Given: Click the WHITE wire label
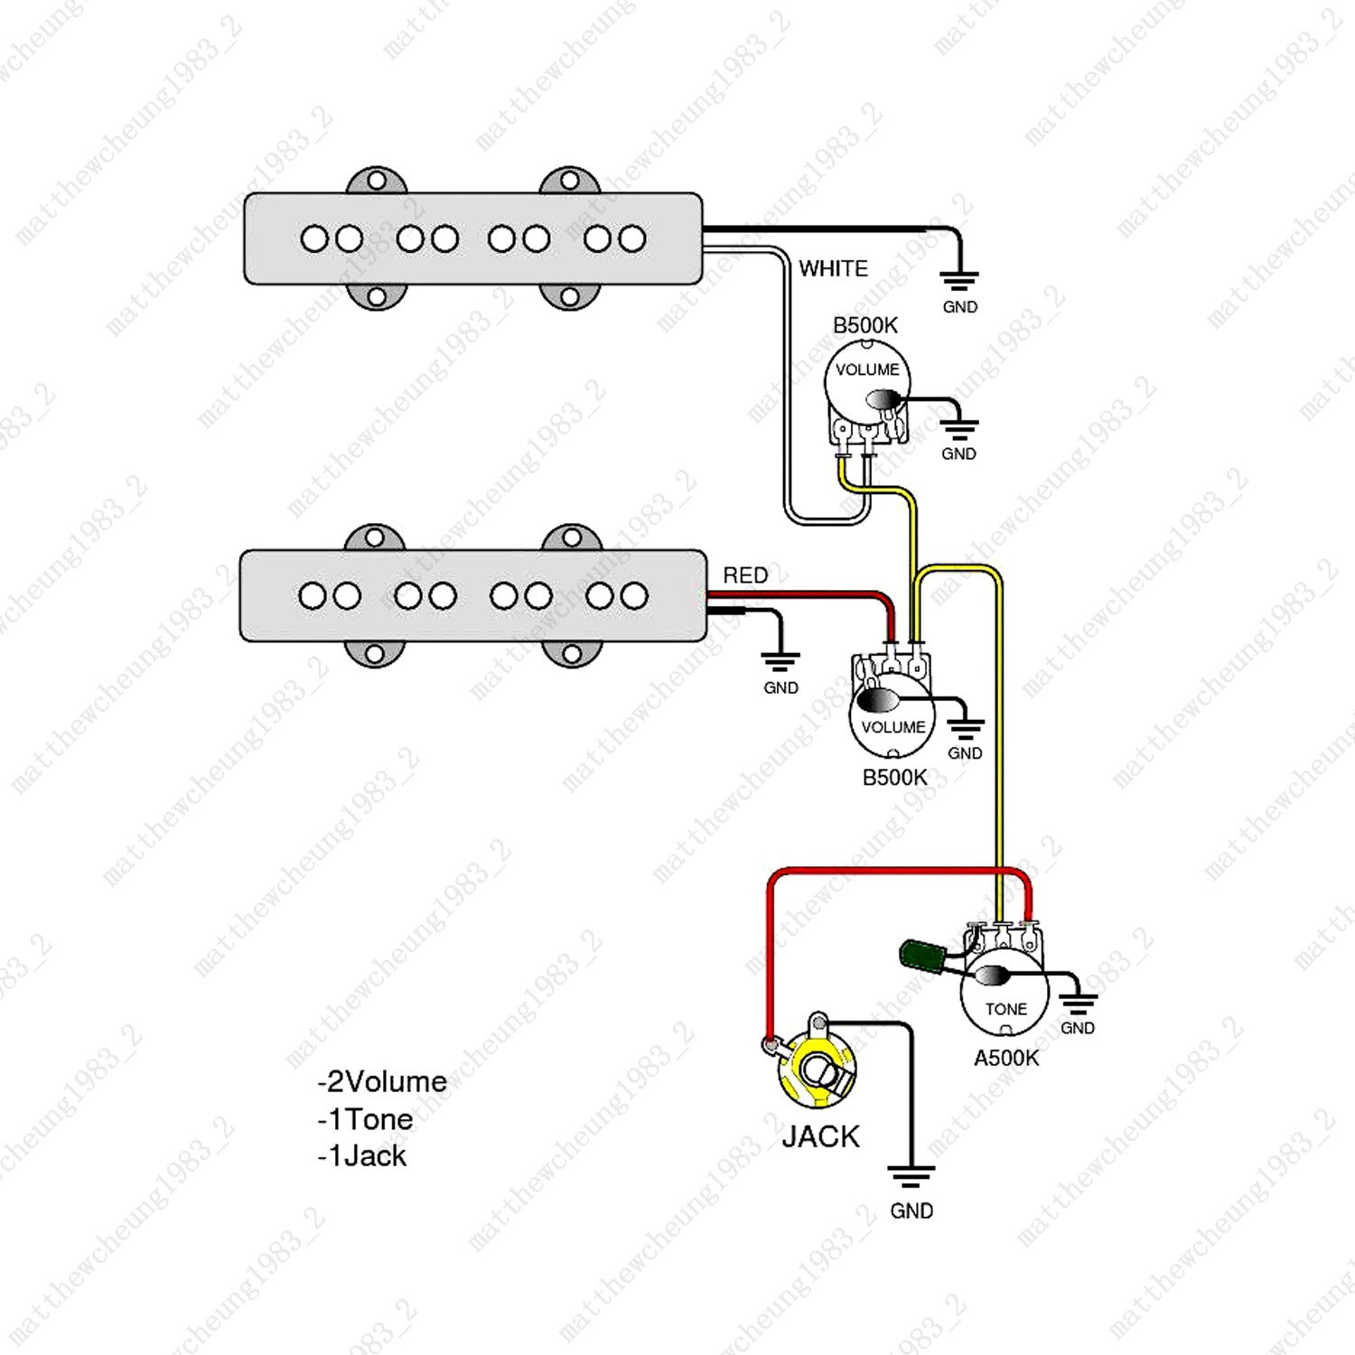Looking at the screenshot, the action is coord(833,268).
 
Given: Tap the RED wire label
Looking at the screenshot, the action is coord(745,575).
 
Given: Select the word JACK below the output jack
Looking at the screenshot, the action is coord(820,1136).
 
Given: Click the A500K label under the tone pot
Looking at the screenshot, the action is coord(1006,1058).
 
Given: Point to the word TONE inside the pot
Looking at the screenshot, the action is coord(1005,1009).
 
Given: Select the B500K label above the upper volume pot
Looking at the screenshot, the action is coord(865,325).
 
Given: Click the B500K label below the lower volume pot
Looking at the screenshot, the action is coord(894,777).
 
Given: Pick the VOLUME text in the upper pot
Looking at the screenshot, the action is coord(867,369).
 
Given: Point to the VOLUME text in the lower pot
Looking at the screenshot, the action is coord(892,727).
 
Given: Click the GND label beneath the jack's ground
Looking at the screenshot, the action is coord(911,1210).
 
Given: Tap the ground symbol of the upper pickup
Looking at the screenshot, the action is coord(959,280).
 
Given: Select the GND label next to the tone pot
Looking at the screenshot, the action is coord(1078,1028).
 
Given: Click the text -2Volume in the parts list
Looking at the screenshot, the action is coord(382,1081).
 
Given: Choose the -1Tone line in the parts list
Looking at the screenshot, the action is coord(365,1119).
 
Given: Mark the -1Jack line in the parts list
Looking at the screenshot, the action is coord(361,1156).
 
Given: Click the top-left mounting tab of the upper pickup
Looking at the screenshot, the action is coord(377,180).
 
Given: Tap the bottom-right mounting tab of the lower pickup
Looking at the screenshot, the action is coord(571,653).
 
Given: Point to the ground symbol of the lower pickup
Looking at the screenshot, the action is coord(780,661).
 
